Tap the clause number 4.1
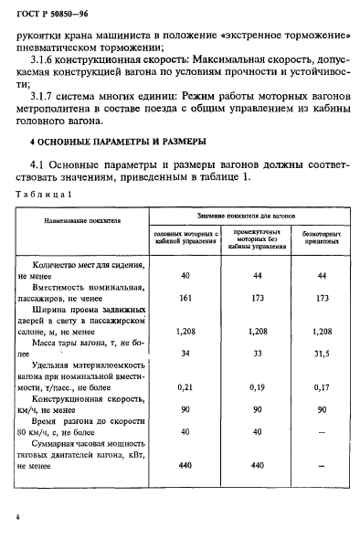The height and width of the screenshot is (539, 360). tap(40, 164)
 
